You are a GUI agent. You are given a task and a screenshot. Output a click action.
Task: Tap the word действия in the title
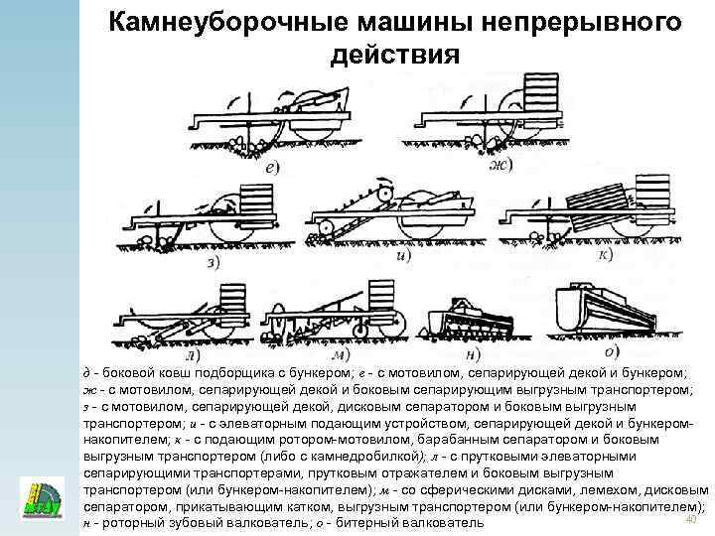[x=395, y=55]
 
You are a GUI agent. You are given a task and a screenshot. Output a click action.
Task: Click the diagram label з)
[x=213, y=262]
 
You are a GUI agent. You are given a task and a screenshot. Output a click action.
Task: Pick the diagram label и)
[x=402, y=255]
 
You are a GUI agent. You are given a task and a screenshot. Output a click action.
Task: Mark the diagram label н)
[x=474, y=352]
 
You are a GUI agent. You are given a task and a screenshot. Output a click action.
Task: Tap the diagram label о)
[x=613, y=349]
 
